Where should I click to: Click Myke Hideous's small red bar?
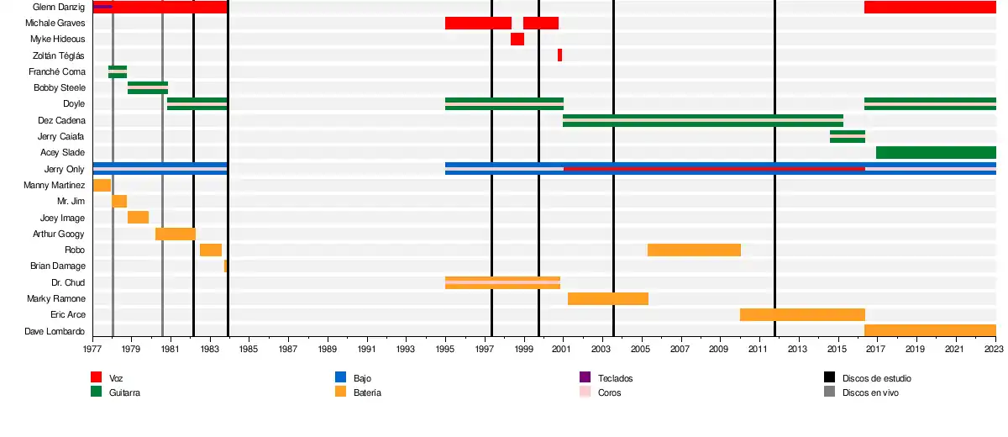click(517, 39)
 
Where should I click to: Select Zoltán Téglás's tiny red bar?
click(559, 55)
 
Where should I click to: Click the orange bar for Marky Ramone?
click(608, 298)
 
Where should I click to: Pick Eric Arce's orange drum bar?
click(802, 314)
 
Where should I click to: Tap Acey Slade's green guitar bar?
click(936, 152)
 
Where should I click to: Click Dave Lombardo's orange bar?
click(930, 330)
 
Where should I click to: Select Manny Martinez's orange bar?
click(102, 185)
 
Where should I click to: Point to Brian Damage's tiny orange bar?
click(225, 266)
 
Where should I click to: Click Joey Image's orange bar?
click(138, 217)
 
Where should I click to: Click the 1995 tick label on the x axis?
click(445, 348)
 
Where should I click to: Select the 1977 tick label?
click(92, 348)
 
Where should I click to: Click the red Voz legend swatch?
click(96, 378)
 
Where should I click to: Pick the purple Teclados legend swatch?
click(585, 378)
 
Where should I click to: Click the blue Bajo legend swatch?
click(340, 378)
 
